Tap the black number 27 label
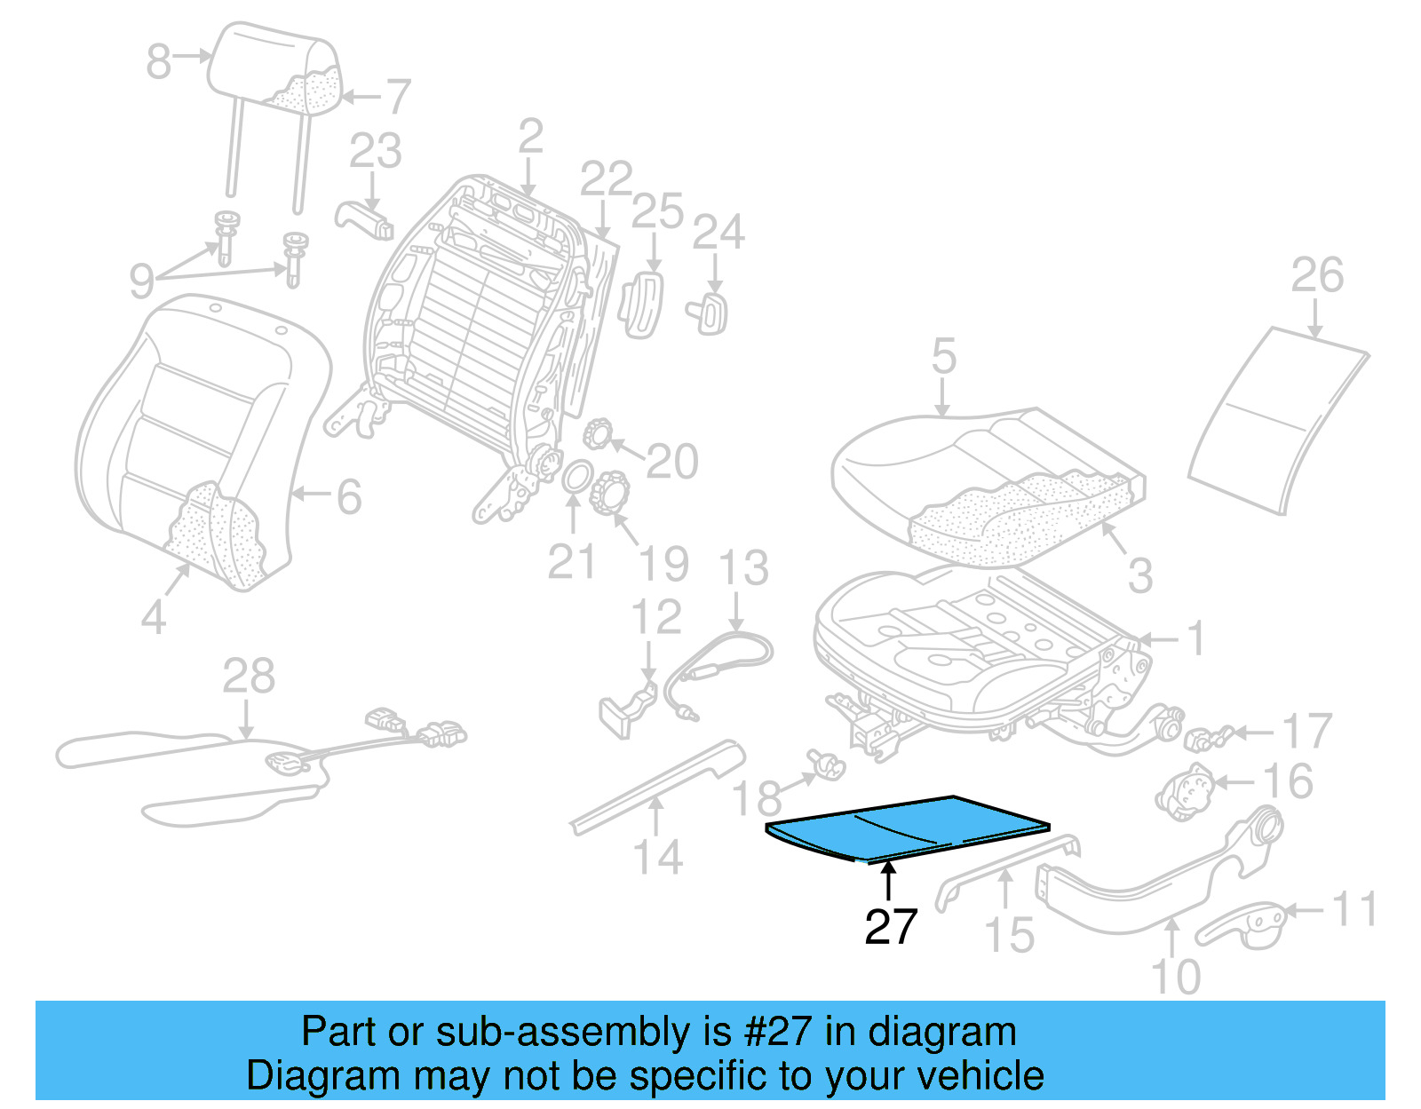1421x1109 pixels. pos(890,927)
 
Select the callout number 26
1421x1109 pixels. pos(1316,275)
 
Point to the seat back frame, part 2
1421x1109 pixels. pos(480,311)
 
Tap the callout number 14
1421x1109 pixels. pos(657,858)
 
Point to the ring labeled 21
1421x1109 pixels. pos(576,477)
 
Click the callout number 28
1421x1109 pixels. pos(248,677)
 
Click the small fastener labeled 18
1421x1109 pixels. pos(827,763)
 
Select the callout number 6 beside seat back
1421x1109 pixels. pos(349,497)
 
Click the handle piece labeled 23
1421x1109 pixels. pos(364,220)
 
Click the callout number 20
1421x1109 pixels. pos(672,462)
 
